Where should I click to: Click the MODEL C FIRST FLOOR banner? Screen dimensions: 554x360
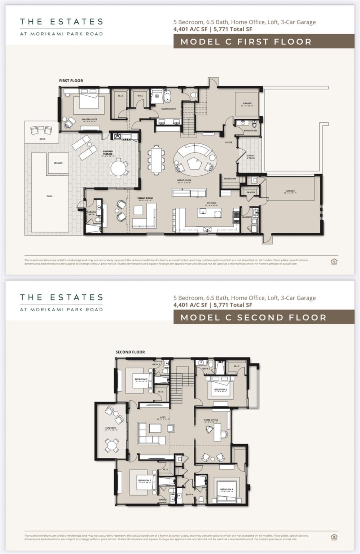pyautogui.click(x=263, y=41)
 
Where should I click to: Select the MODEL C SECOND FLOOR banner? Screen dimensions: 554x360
pyautogui.click(x=263, y=317)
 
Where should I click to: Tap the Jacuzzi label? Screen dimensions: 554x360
pyautogui.click(x=58, y=163)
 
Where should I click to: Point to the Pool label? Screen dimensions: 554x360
pyautogui.click(x=49, y=196)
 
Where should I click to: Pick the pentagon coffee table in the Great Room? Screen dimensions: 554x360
pyautogui.click(x=194, y=164)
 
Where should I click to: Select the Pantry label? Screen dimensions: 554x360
pyautogui.click(x=251, y=193)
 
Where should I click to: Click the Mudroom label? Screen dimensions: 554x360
pyautogui.click(x=230, y=179)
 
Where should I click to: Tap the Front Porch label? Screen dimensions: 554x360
pyautogui.click(x=251, y=157)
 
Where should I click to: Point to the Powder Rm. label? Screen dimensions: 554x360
pyautogui.click(x=250, y=131)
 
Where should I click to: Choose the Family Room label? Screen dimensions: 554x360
pyautogui.click(x=145, y=198)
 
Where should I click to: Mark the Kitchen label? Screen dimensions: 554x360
pyautogui.click(x=211, y=203)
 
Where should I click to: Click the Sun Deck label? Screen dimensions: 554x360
pyautogui.click(x=110, y=428)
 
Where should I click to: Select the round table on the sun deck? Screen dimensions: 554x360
pyautogui.click(x=112, y=445)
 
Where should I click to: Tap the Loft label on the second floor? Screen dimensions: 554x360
pyautogui.click(x=163, y=418)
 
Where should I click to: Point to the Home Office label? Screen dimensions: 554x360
pyautogui.click(x=211, y=420)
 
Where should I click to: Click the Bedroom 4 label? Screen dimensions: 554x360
pyautogui.click(x=227, y=489)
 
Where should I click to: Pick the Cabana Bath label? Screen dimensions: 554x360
pyautogui.click(x=91, y=213)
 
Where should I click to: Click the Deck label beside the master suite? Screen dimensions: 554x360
pyautogui.click(x=42, y=139)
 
